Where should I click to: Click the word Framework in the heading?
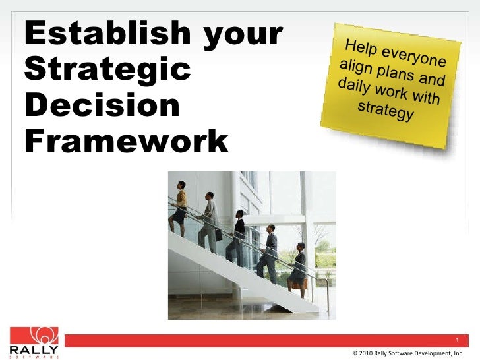tap(126, 141)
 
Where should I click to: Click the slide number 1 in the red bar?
tap(457, 340)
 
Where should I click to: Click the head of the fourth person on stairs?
tap(270, 228)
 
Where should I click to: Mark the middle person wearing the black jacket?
tap(237, 237)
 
